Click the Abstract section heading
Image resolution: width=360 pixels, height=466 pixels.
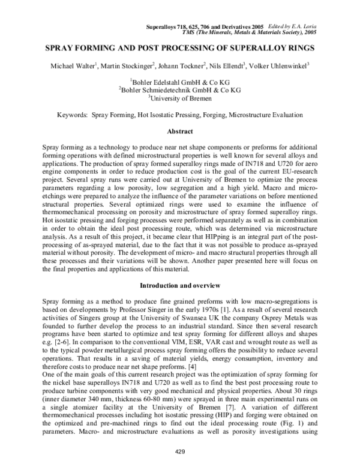point(180,131)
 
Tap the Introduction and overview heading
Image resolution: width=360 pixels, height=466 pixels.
point(180,283)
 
